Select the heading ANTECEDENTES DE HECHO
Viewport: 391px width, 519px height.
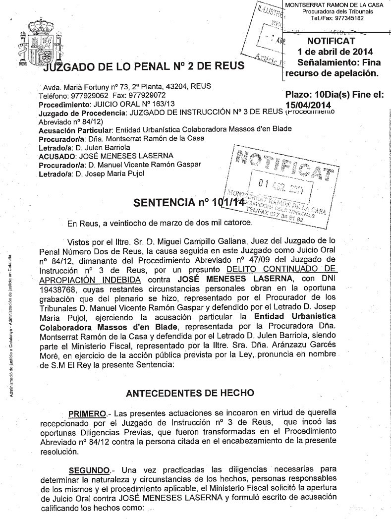point(190,393)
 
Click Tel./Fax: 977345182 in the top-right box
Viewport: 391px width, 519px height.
point(337,18)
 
